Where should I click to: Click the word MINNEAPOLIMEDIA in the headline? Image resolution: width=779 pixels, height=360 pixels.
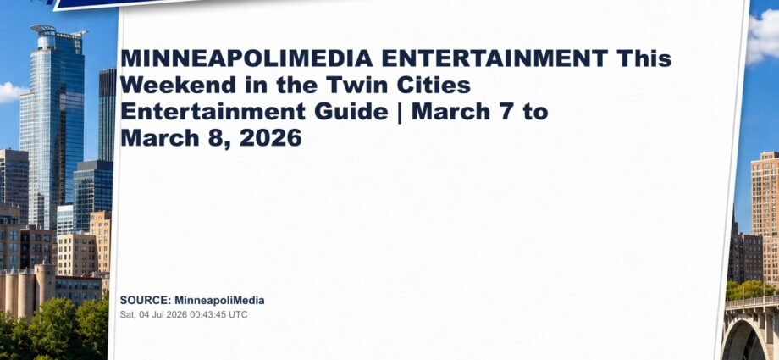coord(246,58)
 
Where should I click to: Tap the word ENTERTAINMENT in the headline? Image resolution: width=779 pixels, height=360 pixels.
coord(494,58)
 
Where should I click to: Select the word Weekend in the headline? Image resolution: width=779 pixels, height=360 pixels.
coord(178,85)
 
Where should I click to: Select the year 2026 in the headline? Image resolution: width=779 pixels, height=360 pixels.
coord(270,138)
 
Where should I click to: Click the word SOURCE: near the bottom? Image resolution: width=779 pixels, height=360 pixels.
coord(146,301)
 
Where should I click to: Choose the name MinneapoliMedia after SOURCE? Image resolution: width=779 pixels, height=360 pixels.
coord(219,301)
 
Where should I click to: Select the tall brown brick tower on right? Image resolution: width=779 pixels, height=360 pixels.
coord(765,219)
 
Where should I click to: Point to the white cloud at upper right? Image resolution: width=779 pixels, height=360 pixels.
coord(764,37)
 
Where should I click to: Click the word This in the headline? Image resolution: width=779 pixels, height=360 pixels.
coord(644,58)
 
